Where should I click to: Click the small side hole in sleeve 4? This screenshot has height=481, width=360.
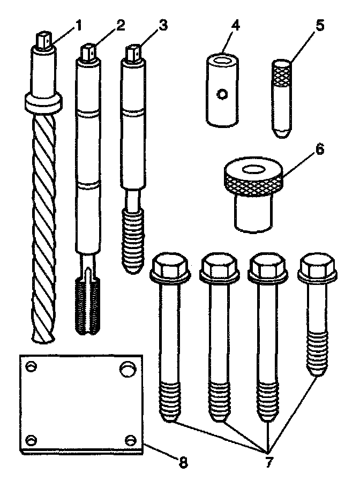(221, 95)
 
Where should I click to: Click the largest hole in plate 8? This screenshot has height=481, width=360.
(126, 369)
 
